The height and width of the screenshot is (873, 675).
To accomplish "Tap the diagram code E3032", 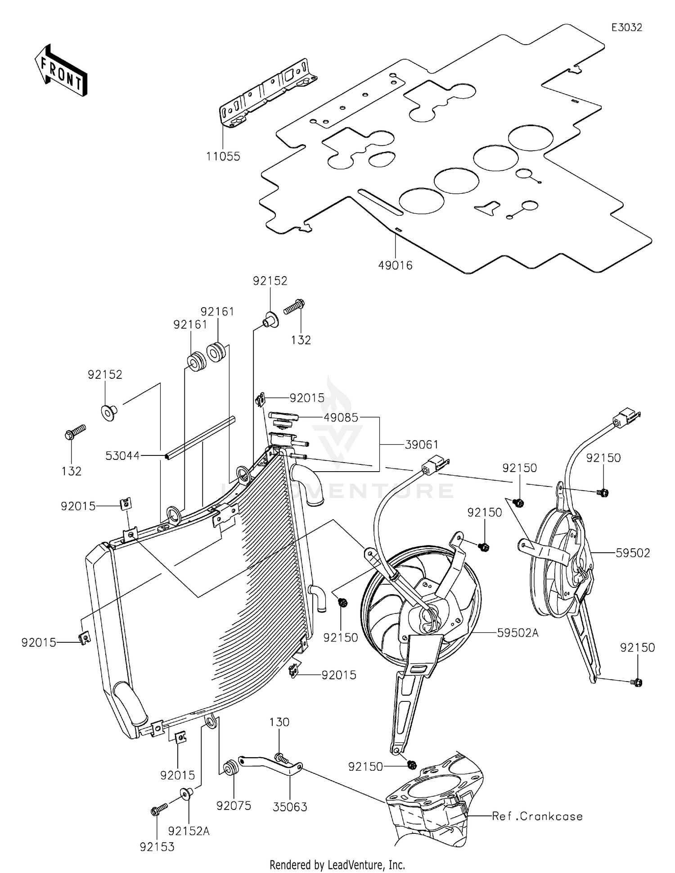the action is (626, 27).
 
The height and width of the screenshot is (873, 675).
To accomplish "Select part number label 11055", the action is (223, 156).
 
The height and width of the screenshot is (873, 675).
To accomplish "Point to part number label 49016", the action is (395, 265).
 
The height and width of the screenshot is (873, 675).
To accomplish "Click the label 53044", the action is (122, 456).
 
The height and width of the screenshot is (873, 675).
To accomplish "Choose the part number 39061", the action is (422, 445).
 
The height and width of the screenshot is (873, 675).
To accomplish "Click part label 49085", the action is (341, 418).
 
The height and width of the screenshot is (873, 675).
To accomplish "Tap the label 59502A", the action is (518, 633).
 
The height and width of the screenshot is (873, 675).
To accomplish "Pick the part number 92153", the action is (157, 847).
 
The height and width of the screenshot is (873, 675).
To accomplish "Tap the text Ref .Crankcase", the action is (537, 816).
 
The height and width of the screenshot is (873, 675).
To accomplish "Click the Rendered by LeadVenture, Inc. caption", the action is (337, 864).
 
